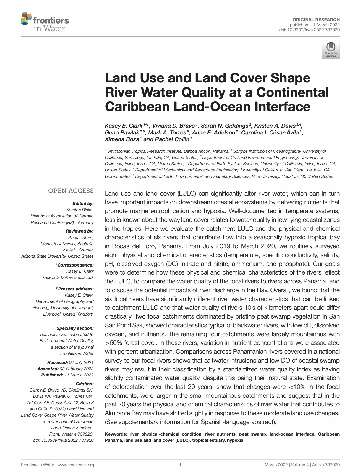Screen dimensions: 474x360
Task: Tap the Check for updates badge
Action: point(331,50)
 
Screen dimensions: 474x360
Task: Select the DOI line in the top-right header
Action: point(309,30)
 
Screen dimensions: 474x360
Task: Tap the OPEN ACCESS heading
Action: point(71,191)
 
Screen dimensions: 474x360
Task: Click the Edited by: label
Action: point(83,204)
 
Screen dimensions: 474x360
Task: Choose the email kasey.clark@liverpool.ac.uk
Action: point(68,277)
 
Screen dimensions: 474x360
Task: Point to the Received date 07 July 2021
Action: point(81,363)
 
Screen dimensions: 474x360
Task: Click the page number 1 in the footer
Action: point(180,465)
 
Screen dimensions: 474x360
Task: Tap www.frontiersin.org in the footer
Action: point(76,465)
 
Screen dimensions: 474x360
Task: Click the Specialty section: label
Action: point(75,328)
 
